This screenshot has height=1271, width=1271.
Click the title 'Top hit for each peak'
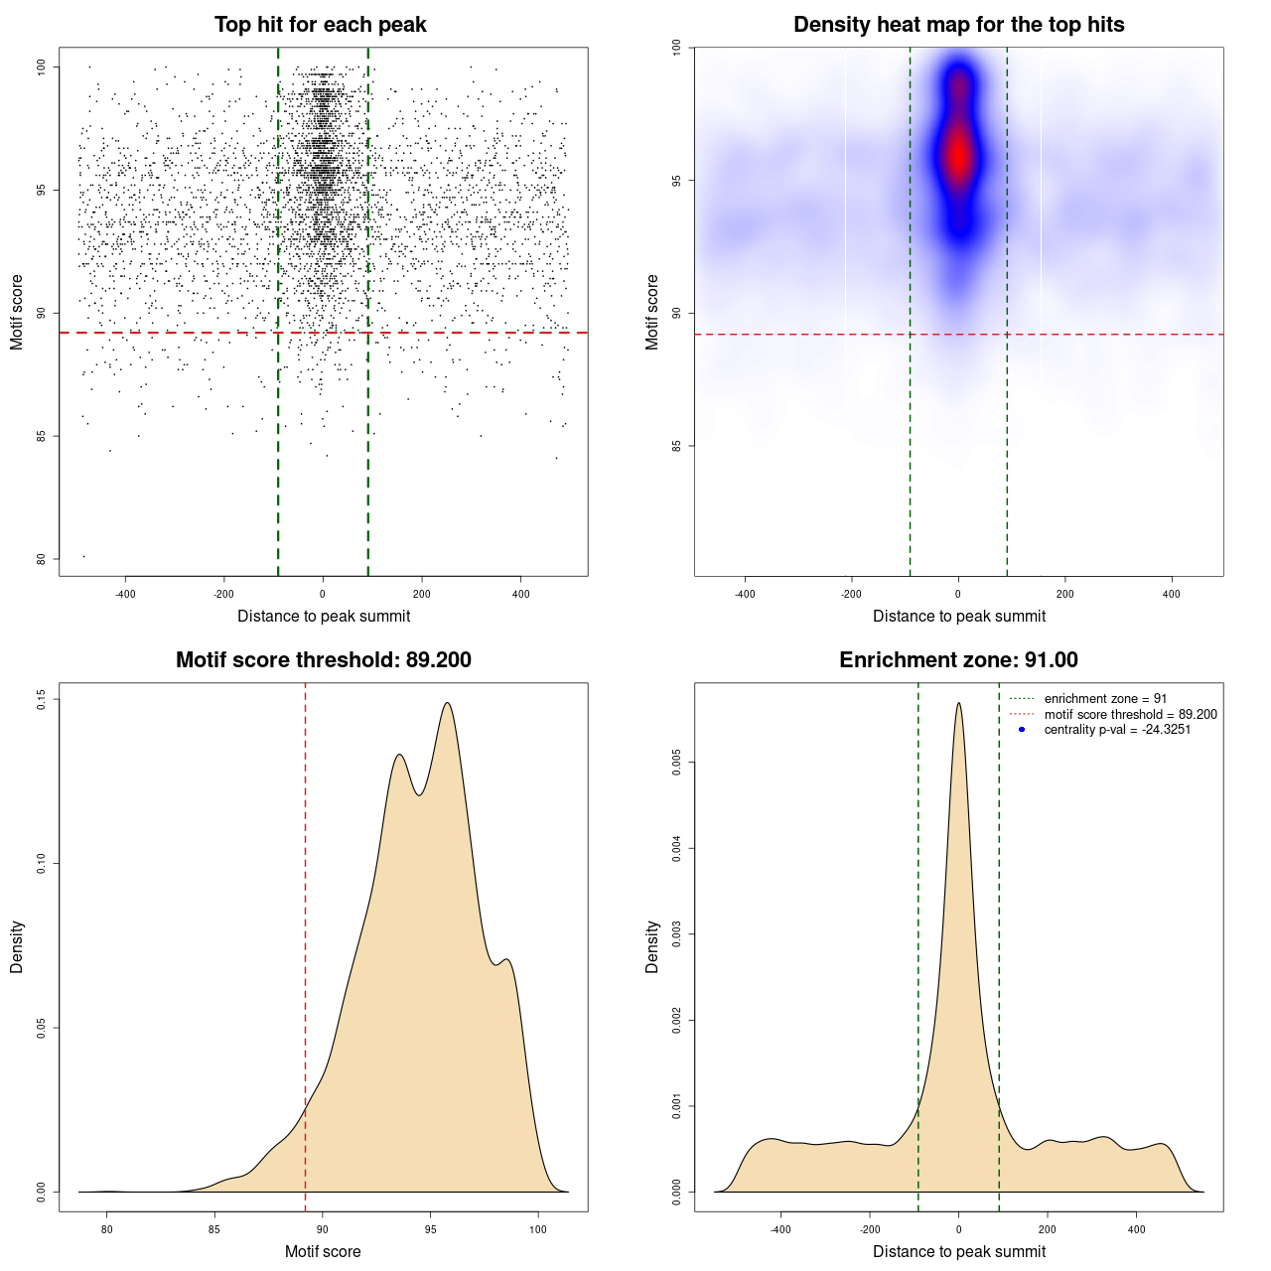(x=321, y=25)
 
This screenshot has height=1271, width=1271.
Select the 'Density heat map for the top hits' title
(x=958, y=25)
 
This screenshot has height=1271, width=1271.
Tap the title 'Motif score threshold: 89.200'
(x=323, y=660)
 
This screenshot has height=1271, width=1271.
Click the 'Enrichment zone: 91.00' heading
(x=958, y=660)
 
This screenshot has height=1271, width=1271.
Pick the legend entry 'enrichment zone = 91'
(x=1105, y=699)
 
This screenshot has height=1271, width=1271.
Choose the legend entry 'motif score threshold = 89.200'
(x=1130, y=714)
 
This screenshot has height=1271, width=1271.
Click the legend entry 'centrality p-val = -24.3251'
(x=1117, y=730)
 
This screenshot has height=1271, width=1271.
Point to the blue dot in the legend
(x=1022, y=730)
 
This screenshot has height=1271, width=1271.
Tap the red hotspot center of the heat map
(x=958, y=155)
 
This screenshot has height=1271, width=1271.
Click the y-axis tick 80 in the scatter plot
(x=41, y=559)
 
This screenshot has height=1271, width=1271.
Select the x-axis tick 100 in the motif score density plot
(x=538, y=1230)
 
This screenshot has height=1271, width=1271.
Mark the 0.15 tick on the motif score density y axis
(x=41, y=700)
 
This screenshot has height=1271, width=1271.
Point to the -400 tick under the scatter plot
(x=125, y=595)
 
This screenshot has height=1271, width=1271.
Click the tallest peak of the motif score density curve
(x=448, y=703)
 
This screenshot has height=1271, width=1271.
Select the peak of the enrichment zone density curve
(x=958, y=703)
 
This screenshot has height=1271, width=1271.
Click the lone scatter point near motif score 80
(x=83, y=556)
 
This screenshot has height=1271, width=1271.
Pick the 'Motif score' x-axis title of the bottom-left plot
(x=323, y=1252)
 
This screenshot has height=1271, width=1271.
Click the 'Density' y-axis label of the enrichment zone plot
(x=652, y=946)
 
